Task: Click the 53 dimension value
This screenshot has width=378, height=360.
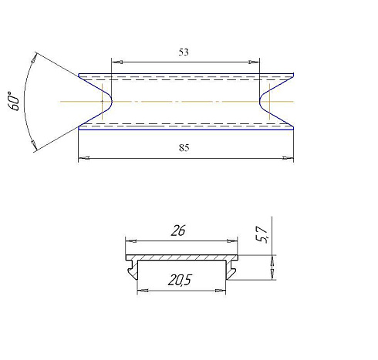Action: pyautogui.click(x=184, y=52)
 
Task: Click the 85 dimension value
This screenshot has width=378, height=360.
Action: pyautogui.click(x=184, y=148)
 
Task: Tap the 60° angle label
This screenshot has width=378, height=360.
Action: pyautogui.click(x=15, y=101)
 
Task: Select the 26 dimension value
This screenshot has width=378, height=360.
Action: pyautogui.click(x=178, y=230)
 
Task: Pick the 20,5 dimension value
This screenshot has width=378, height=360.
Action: pyautogui.click(x=180, y=280)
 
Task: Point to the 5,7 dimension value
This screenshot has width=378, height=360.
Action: pyautogui.click(x=262, y=234)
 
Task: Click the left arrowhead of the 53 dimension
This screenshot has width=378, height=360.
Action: pyautogui.click(x=117, y=62)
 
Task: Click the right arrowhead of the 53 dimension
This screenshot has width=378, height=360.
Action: pyautogui.click(x=254, y=62)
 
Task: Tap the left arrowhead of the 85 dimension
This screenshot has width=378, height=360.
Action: pyautogui.click(x=84, y=158)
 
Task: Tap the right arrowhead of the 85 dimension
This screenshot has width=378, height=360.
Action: pyautogui.click(x=288, y=158)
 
